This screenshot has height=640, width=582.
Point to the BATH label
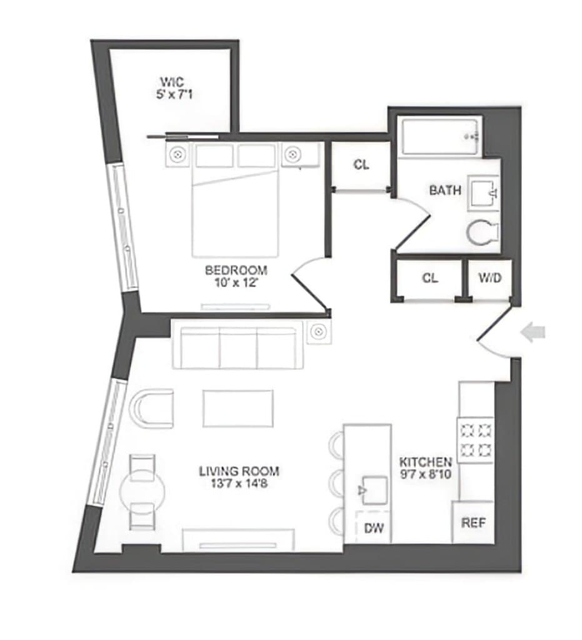coord(445,189)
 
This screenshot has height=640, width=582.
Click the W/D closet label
coord(489,278)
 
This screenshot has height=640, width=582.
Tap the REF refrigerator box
coord(473,522)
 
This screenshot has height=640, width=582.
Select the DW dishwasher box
coord(374,529)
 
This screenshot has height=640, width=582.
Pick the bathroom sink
coord(483,191)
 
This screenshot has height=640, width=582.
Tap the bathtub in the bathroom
coord(441,137)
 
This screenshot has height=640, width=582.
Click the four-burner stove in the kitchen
coord(476,439)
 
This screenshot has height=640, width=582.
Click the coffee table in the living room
coord(238,408)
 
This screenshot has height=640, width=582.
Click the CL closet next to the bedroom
coord(361,165)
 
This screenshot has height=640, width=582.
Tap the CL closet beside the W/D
coord(429,278)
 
